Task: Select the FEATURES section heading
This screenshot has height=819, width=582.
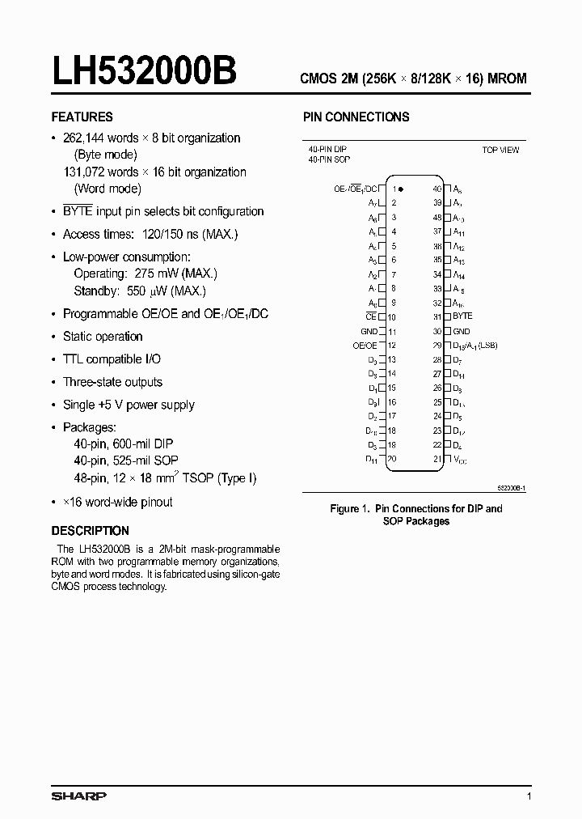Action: (x=82, y=117)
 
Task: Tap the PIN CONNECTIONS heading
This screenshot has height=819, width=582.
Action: (x=356, y=117)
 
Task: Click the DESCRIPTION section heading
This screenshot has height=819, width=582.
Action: (x=90, y=531)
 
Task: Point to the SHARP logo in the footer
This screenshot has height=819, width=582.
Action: (x=78, y=796)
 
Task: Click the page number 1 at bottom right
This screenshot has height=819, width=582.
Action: (x=529, y=797)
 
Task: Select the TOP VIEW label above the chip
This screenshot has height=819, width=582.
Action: (x=500, y=150)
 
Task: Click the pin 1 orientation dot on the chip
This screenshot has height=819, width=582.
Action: (x=401, y=189)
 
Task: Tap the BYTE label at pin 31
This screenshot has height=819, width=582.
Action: (x=462, y=316)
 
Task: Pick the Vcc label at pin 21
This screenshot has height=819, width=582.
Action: (x=460, y=459)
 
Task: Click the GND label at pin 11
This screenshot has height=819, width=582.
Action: (x=369, y=331)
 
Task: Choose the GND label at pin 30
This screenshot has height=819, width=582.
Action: (x=461, y=331)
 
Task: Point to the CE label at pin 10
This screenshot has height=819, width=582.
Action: (x=371, y=316)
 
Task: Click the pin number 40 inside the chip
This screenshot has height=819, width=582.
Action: (x=436, y=188)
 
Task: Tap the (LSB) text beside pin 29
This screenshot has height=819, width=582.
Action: (x=487, y=346)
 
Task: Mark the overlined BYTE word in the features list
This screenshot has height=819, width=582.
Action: (x=80, y=211)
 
